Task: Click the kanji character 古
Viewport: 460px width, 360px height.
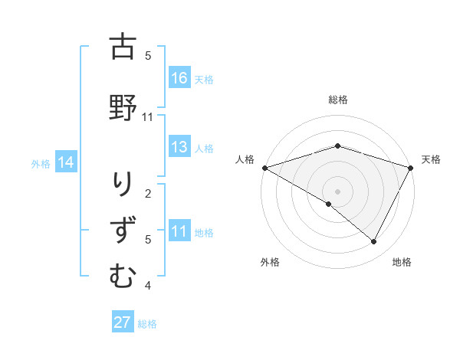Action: pyautogui.click(x=123, y=47)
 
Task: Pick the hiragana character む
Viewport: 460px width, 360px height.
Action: pyautogui.click(x=123, y=276)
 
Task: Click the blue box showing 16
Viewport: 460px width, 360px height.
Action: pyautogui.click(x=179, y=77)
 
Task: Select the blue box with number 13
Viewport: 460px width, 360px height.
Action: pyautogui.click(x=179, y=147)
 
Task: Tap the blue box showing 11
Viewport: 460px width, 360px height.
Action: pyautogui.click(x=179, y=231)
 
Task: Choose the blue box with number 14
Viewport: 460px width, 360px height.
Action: pyautogui.click(x=66, y=162)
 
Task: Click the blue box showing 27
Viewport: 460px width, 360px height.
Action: pyautogui.click(x=122, y=322)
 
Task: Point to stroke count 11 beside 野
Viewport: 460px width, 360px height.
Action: pyautogui.click(x=148, y=117)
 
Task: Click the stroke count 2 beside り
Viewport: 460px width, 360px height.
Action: pyautogui.click(x=148, y=193)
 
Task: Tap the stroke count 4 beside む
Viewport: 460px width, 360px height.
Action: pyautogui.click(x=148, y=286)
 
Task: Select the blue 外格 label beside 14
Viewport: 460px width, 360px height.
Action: pyautogui.click(x=41, y=163)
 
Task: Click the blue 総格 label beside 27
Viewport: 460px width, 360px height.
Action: pyautogui.click(x=147, y=323)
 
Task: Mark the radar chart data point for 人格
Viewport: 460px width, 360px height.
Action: pyautogui.click(x=264, y=167)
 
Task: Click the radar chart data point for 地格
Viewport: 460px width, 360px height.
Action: pyautogui.click(x=374, y=242)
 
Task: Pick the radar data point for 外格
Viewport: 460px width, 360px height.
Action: pyautogui.click(x=329, y=204)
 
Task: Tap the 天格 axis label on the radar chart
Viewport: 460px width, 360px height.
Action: pyautogui.click(x=431, y=159)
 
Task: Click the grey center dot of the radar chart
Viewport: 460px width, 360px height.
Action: pyautogui.click(x=337, y=191)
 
